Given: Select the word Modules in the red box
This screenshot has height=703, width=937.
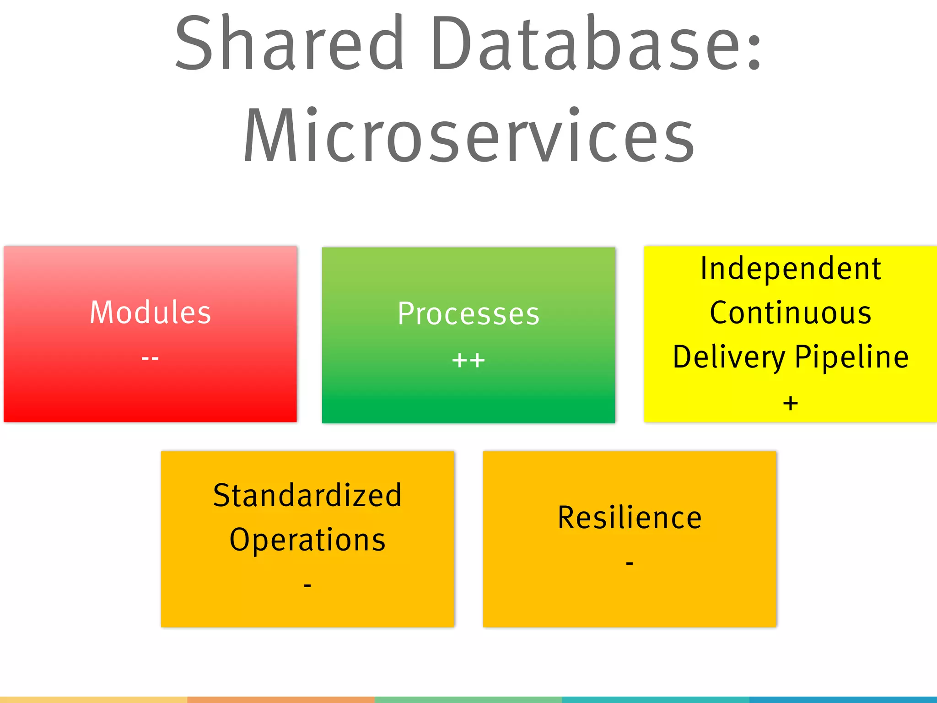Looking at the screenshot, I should [150, 313].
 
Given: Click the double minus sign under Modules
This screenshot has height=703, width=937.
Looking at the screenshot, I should [150, 358].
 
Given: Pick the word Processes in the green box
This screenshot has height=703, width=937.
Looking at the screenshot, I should [468, 314].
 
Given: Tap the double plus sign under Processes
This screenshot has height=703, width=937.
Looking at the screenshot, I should [468, 361].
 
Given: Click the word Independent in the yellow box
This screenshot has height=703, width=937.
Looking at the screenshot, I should [791, 269].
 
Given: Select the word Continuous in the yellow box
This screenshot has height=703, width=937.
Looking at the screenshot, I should [791, 313].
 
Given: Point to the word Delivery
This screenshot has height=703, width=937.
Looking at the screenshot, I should [729, 357].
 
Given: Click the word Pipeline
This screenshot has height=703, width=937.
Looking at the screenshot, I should [851, 357].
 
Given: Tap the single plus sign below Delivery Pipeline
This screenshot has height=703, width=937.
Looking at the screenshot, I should [791, 403].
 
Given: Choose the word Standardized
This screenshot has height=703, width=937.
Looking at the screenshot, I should [307, 496].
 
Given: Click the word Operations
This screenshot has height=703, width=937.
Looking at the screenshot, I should [307, 540].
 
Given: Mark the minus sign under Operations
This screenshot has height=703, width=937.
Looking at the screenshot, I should [307, 585].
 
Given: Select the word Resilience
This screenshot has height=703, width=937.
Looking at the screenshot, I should [630, 518].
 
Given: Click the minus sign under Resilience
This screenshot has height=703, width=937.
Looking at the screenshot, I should [630, 562].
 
